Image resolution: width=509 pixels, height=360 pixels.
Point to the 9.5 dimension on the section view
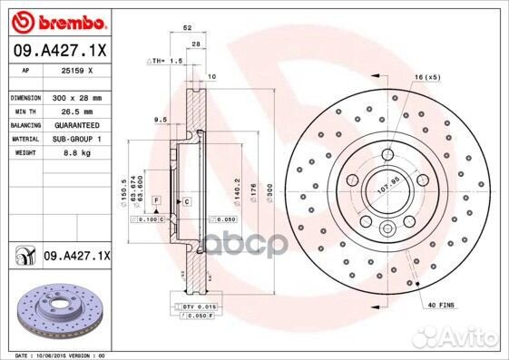(x=160, y=120)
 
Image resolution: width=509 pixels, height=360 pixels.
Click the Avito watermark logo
(x=462, y=341)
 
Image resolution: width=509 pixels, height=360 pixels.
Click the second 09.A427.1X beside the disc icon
(x=75, y=257)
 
